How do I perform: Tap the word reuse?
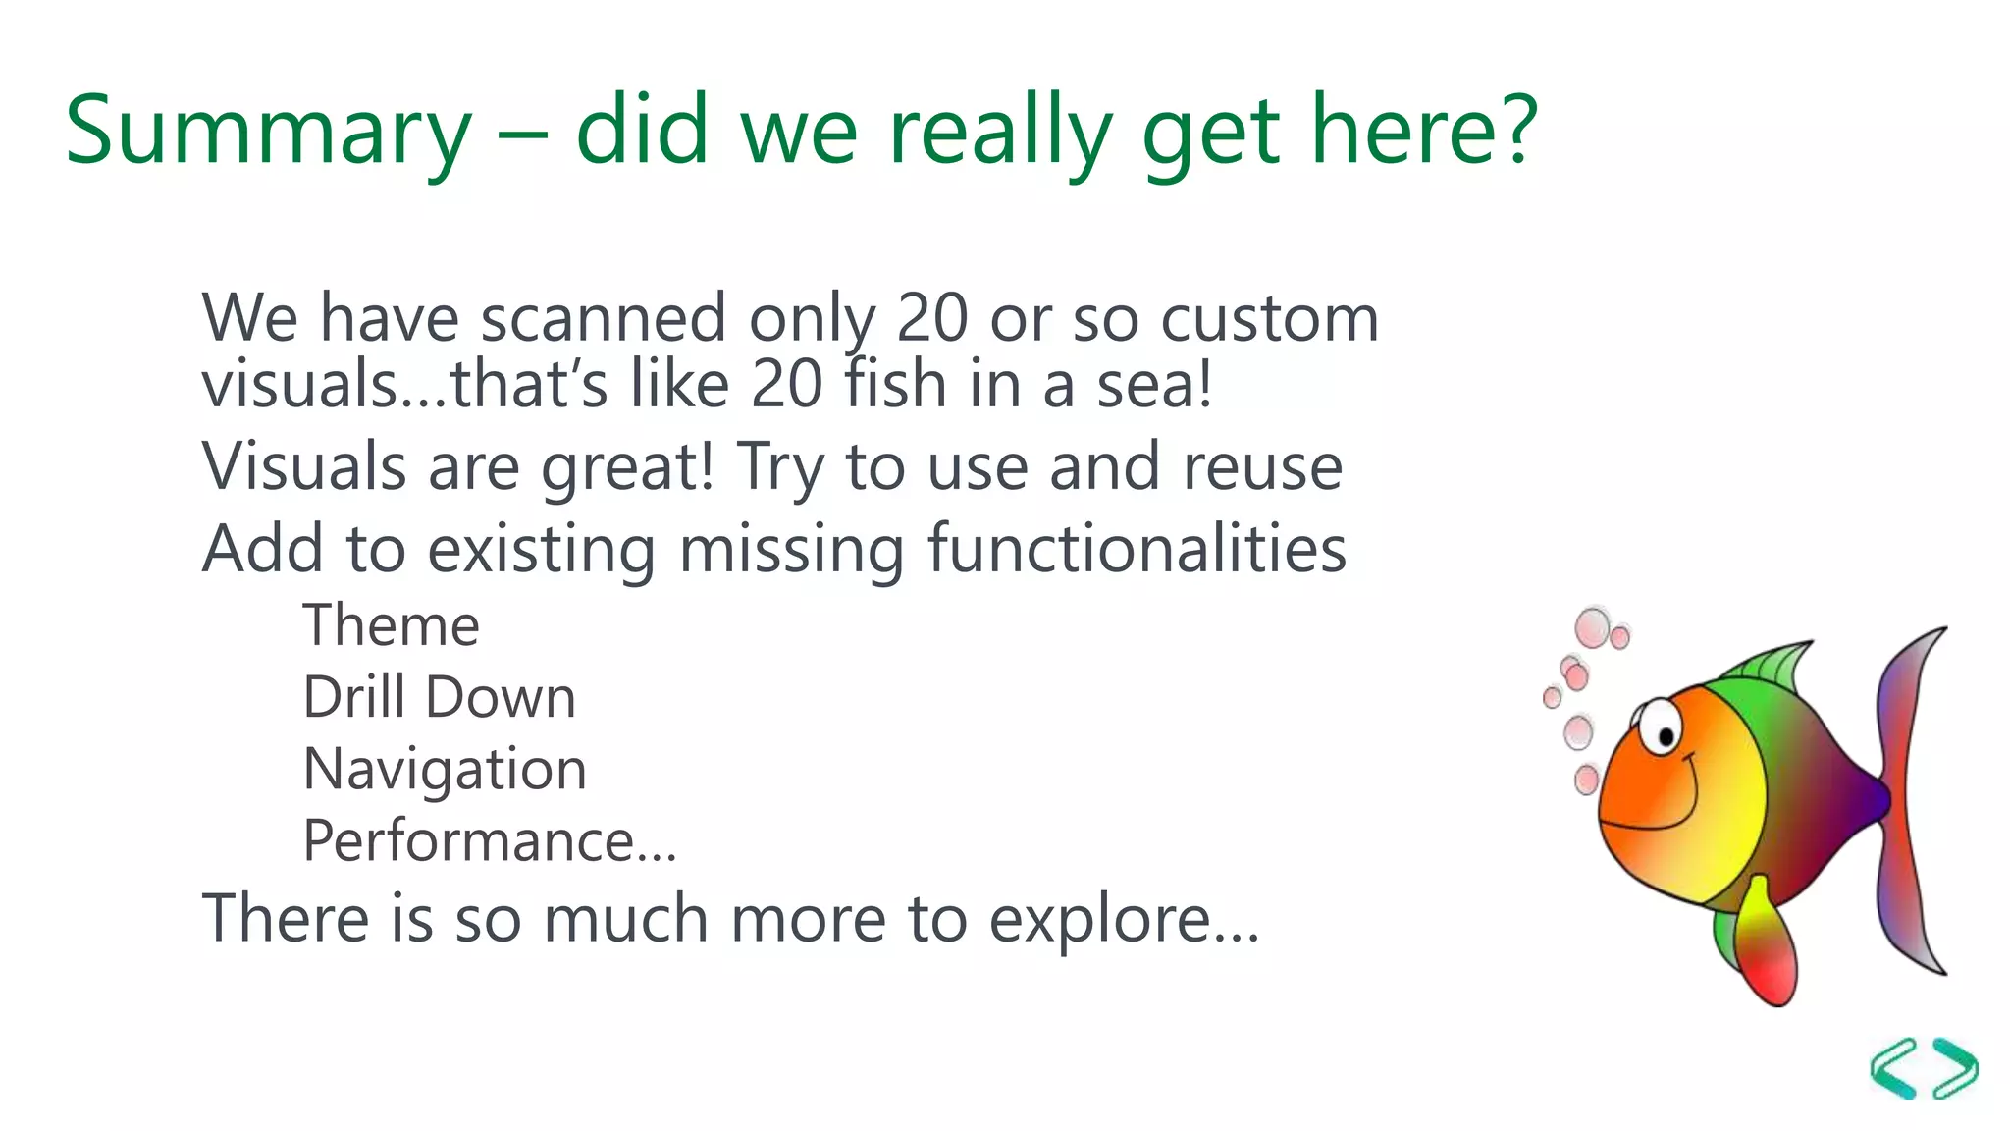pos(1262,467)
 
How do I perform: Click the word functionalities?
pos(1137,549)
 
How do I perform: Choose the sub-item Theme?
pos(391,625)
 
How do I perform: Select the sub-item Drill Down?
pos(439,698)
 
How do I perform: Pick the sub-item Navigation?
pos(445,770)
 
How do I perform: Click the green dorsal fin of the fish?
pos(1772,667)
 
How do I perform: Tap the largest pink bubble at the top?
pos(1592,627)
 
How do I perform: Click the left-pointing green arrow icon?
pos(1894,1067)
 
